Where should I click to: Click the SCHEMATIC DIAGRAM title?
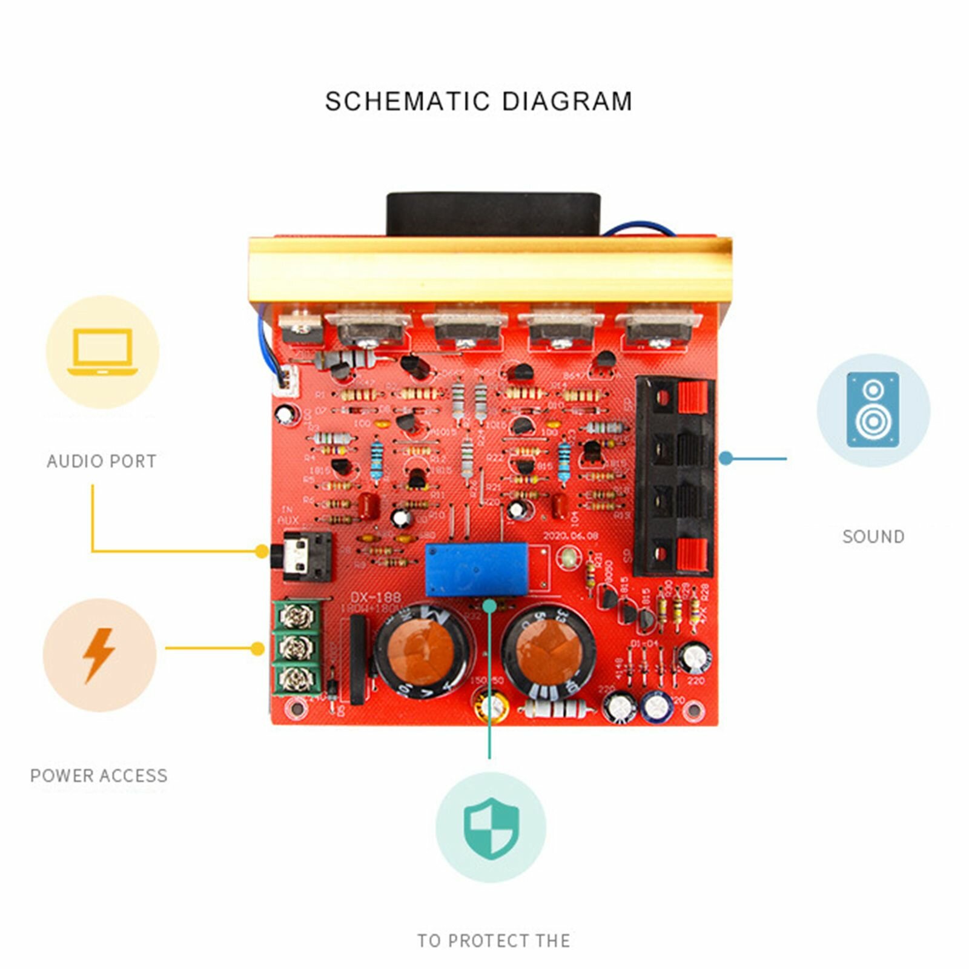(478, 101)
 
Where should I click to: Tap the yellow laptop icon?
(102, 352)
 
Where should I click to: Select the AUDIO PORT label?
(102, 461)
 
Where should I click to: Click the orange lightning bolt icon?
(99, 655)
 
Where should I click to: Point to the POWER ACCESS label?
(99, 776)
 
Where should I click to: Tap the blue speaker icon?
(873, 410)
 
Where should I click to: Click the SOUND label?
(873, 537)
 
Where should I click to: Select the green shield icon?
(491, 828)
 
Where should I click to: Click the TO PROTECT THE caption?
(494, 941)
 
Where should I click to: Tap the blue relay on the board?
(477, 569)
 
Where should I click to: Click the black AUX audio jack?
(308, 557)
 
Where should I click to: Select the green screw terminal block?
(297, 648)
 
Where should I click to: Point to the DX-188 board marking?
(375, 598)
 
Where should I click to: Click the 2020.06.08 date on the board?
(570, 536)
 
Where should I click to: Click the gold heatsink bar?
(491, 270)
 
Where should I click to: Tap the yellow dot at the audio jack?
(262, 551)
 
